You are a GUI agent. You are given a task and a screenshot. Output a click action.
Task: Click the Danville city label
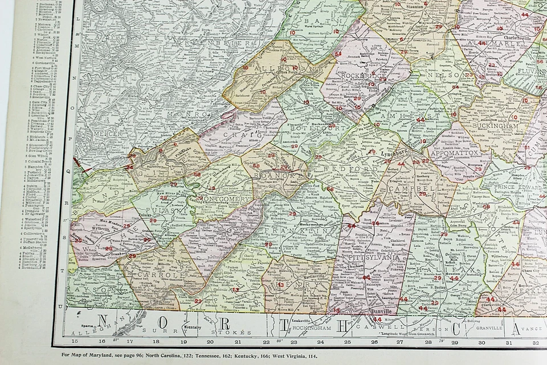[x=381, y=311]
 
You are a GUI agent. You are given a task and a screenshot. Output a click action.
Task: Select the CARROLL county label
[x=153, y=275]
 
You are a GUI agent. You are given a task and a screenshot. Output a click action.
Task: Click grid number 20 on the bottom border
[x=210, y=342]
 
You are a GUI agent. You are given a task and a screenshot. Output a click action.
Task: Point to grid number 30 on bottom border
[x=481, y=342]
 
